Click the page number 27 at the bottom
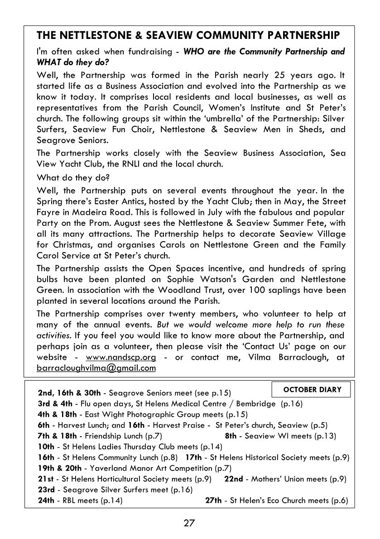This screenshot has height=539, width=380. [189, 524]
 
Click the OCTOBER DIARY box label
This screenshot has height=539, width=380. [312, 390]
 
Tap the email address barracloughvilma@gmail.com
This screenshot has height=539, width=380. [96, 368]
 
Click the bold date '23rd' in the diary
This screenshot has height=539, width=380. [47, 490]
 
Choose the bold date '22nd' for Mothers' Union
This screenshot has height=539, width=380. [234, 479]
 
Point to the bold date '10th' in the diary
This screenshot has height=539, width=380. [46, 447]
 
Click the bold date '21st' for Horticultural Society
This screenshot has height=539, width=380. [46, 479]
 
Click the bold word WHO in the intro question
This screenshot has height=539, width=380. [194, 51]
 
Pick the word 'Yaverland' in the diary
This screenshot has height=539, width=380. [106, 468]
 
